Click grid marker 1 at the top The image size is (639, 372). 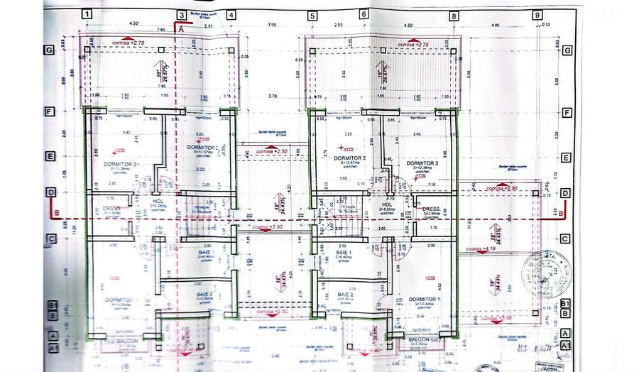[x=86, y=14]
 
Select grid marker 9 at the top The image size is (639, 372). [x=537, y=14]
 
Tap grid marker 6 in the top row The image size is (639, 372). [x=364, y=14]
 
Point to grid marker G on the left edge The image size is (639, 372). [x=49, y=50]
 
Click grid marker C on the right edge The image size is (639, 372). [x=566, y=239]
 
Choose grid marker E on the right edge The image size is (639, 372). [x=566, y=158]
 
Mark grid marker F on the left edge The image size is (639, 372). [x=49, y=112]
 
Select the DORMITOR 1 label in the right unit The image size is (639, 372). [x=422, y=300]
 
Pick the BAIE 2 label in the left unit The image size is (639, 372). [x=204, y=293]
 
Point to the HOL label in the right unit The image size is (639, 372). [x=387, y=204]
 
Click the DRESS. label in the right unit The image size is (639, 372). [x=432, y=209]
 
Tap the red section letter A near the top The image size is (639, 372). [x=180, y=29]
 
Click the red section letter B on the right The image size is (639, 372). [x=560, y=212]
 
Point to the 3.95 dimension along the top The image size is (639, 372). [x=271, y=26]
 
